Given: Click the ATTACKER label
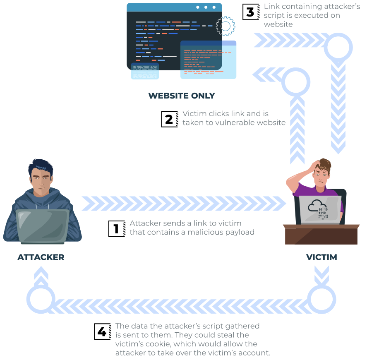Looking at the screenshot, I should pos(41,257).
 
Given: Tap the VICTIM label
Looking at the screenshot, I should pos(321,257).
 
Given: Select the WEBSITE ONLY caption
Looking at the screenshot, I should pos(182,96).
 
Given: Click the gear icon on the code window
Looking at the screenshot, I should pos(225,26).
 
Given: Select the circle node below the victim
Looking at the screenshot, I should pos(321,299).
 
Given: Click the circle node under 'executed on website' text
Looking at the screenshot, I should pos(338,46).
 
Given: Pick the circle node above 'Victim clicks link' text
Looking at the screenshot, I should pos(296,82).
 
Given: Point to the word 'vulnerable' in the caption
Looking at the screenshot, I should pos(235,123).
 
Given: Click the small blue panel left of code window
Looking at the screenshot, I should pos(145,71).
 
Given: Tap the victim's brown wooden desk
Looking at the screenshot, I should pos(321,234).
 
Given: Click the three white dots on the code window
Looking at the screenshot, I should pos(206,7).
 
